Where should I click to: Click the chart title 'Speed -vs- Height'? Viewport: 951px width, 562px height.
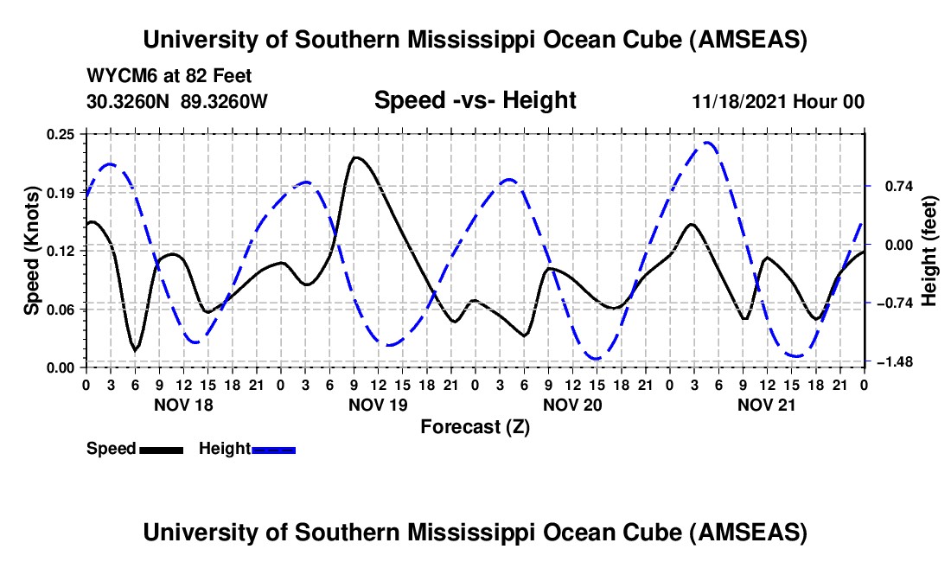point(475,101)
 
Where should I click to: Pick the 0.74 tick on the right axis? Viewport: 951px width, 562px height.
point(890,186)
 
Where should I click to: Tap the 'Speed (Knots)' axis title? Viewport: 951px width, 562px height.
point(32,250)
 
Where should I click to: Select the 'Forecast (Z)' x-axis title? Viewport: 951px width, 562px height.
point(475,426)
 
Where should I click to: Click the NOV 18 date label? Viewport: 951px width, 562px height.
point(183,405)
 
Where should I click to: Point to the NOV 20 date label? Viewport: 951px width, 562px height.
point(572,405)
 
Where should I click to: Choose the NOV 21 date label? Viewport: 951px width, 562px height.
point(766,405)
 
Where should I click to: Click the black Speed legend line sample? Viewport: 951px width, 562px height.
point(161,449)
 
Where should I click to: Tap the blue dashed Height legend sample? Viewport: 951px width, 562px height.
point(274,449)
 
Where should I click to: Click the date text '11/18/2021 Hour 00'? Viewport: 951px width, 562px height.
point(778,102)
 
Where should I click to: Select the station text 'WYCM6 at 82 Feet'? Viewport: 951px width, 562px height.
point(169,76)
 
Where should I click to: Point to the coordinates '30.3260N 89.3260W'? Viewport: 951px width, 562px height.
point(177,102)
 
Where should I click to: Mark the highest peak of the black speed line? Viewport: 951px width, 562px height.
point(355,157)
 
